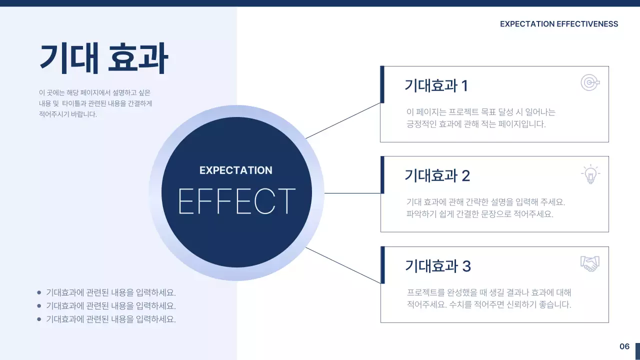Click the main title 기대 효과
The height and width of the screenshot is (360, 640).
pyautogui.click(x=103, y=58)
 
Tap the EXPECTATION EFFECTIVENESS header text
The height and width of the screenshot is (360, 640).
pyautogui.click(x=558, y=24)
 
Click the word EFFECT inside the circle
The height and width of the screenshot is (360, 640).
pyautogui.click(x=236, y=201)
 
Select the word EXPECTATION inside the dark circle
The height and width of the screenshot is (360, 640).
pyautogui.click(x=236, y=170)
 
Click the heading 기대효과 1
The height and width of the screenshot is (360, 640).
pyautogui.click(x=436, y=86)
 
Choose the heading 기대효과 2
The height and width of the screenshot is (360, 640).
pyautogui.click(x=437, y=176)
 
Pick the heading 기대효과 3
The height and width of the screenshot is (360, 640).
pyautogui.click(x=437, y=266)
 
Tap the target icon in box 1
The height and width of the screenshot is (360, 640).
pyautogui.click(x=590, y=82)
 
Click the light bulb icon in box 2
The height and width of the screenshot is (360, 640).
pyautogui.click(x=590, y=174)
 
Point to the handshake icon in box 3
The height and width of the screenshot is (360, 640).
pyautogui.click(x=590, y=263)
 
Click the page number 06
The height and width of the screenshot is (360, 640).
pyautogui.click(x=624, y=346)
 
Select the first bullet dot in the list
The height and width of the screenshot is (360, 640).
pyautogui.click(x=39, y=292)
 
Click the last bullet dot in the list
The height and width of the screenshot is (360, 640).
pyautogui.click(x=39, y=319)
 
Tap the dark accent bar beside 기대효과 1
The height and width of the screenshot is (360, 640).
pyautogui.click(x=382, y=84)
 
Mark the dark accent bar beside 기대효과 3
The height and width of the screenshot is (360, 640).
pyautogui.click(x=382, y=264)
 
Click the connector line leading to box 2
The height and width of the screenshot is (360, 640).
pyautogui.click(x=352, y=193)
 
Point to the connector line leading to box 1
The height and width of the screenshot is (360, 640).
pyautogui.click(x=343, y=120)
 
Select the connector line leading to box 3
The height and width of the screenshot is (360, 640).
pyautogui.click(x=343, y=265)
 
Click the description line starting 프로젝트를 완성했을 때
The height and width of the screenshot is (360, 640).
pyautogui.click(x=489, y=292)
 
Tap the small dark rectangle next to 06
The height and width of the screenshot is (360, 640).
pyautogui.click(x=637, y=351)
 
